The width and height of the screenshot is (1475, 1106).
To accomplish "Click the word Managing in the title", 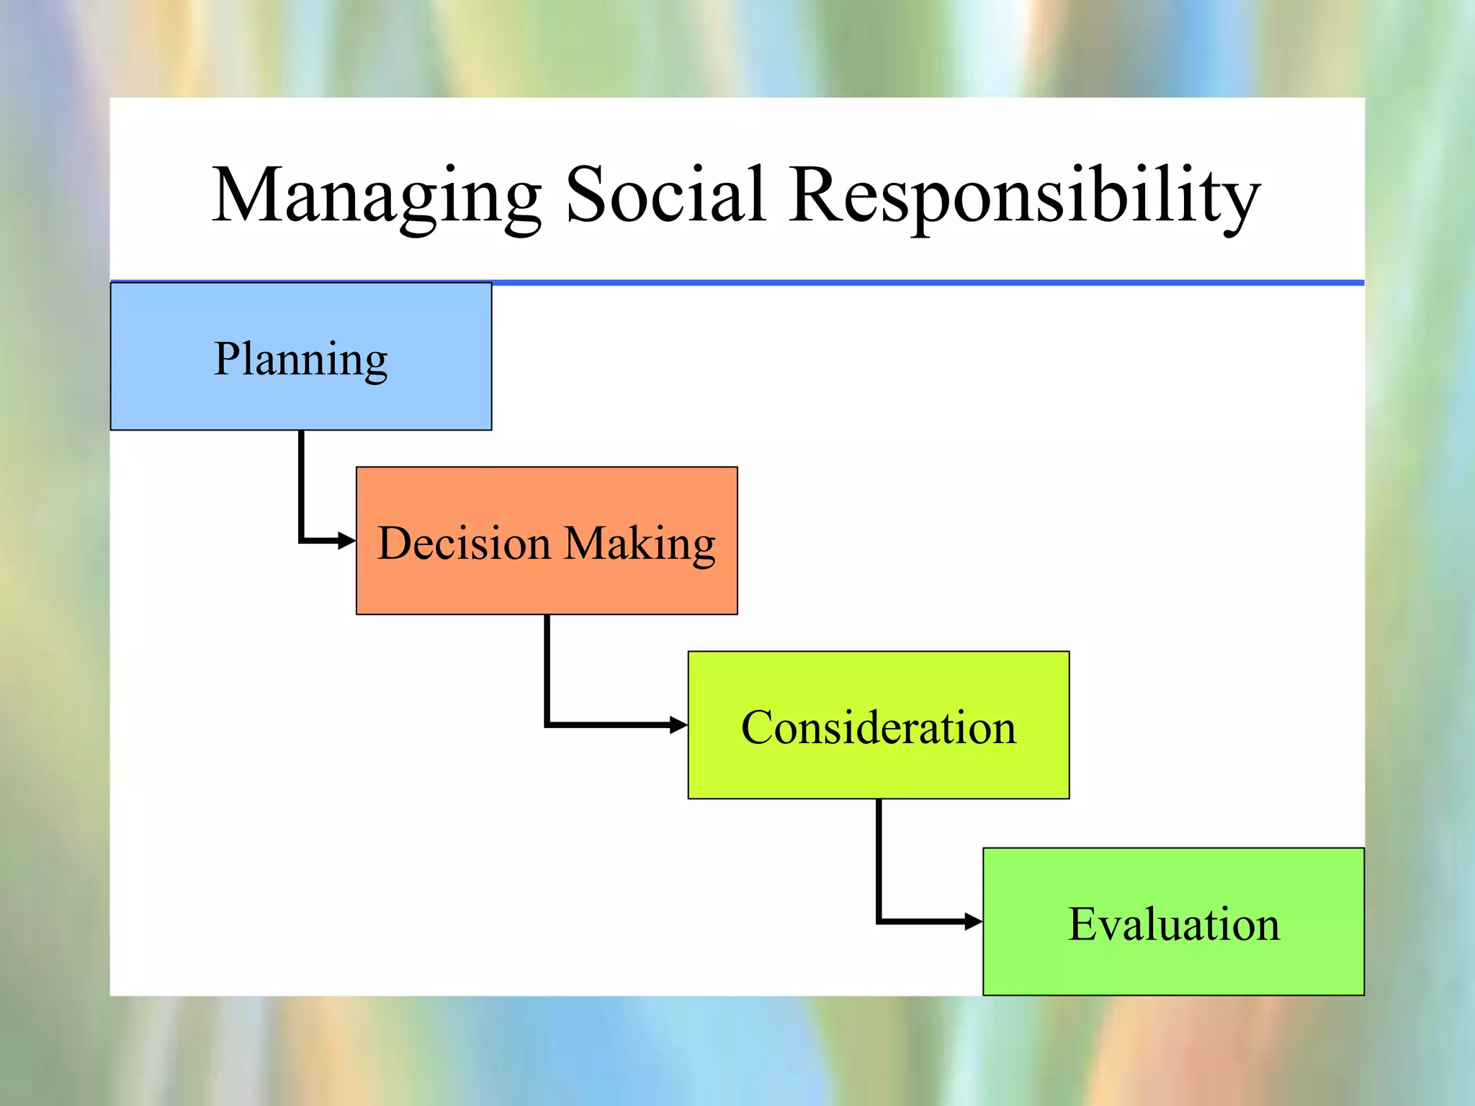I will [376, 196].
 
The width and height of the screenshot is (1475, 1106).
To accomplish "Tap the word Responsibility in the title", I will [1024, 196].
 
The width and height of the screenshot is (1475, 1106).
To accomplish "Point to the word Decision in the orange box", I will [464, 544].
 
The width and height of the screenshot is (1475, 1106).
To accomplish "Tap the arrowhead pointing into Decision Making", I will [348, 541].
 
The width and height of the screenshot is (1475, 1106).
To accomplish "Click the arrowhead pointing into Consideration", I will [679, 725].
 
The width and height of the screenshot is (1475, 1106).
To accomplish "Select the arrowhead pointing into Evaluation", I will [974, 921].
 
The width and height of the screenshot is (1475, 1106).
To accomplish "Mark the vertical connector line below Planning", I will [301, 482].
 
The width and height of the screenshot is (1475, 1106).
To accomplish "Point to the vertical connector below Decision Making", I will [547, 666].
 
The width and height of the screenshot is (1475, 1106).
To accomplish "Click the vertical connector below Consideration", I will [879, 857].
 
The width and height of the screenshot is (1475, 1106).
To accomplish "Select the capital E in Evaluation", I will [1082, 924].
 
